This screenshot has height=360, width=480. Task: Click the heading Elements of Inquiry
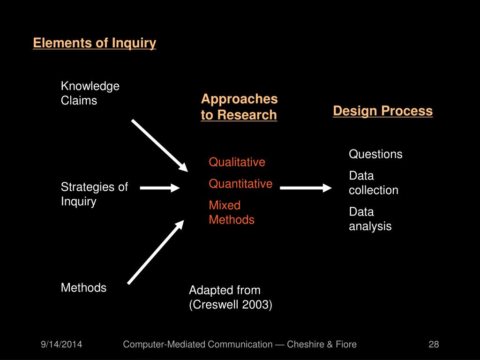click(x=94, y=43)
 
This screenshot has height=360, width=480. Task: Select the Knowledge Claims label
click(x=90, y=93)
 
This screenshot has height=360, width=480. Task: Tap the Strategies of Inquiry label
click(x=94, y=194)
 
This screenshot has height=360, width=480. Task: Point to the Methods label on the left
click(x=83, y=287)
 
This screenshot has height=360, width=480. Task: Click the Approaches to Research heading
click(x=239, y=107)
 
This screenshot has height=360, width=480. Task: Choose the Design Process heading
click(x=382, y=111)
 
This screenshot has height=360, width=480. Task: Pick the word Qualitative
click(x=237, y=162)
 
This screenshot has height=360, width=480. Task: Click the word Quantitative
click(x=240, y=184)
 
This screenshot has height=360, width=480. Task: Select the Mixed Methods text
click(x=232, y=212)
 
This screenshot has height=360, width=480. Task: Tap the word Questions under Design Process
click(x=375, y=154)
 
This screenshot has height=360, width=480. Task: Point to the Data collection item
click(x=373, y=183)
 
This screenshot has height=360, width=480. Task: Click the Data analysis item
click(x=370, y=219)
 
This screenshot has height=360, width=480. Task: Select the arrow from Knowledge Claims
click(x=159, y=145)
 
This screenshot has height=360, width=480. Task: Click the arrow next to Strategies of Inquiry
click(x=159, y=188)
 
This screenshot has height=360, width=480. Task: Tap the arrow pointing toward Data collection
click(x=306, y=188)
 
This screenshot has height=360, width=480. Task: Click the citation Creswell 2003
click(x=230, y=304)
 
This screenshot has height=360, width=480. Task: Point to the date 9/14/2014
click(x=61, y=345)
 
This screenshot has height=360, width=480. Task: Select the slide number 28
click(x=434, y=345)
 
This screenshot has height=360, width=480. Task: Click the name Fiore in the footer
click(x=345, y=345)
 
